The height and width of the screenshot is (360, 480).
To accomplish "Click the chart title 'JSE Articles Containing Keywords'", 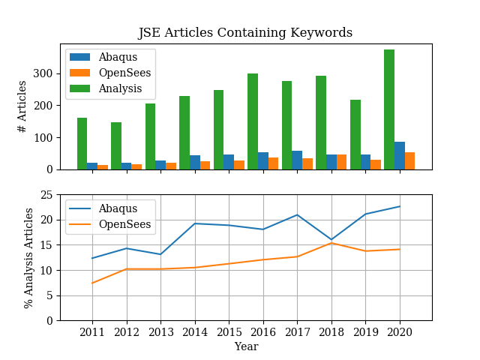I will [x=245, y=33].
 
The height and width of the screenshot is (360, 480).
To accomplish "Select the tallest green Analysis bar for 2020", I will [x=389, y=109].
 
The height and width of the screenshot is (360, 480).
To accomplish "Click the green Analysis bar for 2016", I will [x=253, y=121].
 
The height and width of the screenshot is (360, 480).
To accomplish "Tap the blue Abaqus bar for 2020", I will [x=400, y=155].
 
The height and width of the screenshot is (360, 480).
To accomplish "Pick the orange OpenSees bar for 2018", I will [x=342, y=162].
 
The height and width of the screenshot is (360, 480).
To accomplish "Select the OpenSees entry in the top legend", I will [x=124, y=72].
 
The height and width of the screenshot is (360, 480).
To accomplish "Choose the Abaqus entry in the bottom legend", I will [x=118, y=208].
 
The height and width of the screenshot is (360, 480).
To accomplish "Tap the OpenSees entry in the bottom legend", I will [x=124, y=224].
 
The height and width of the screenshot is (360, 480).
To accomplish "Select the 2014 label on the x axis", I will [x=195, y=332].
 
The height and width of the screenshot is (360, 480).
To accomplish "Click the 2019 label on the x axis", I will [x=365, y=332].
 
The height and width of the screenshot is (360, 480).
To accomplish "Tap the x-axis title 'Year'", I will [x=246, y=346].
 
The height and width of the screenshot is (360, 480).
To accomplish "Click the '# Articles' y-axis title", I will [x=22, y=106].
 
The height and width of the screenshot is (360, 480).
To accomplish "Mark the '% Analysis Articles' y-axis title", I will [x=28, y=257].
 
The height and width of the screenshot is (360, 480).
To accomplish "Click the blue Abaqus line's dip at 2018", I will [x=331, y=239].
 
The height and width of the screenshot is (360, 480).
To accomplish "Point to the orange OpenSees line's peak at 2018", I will [x=331, y=243].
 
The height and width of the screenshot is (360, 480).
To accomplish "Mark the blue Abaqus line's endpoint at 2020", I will [x=400, y=206].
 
